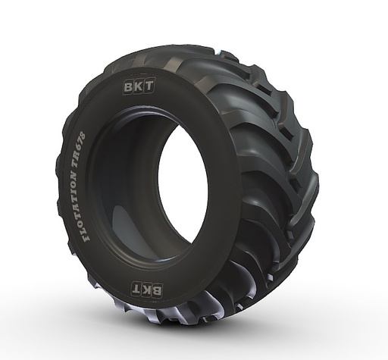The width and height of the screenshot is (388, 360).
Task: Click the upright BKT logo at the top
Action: (139, 86)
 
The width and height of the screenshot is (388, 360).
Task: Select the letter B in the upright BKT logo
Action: (129, 86)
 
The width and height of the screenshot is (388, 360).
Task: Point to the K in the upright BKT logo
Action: (139, 86)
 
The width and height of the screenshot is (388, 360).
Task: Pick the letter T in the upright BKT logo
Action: (149, 86)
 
